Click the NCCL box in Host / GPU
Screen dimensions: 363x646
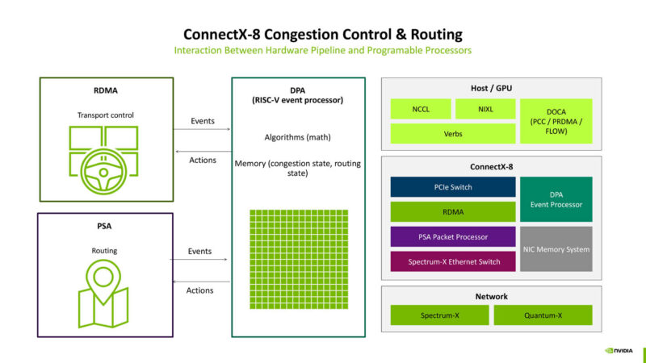420,109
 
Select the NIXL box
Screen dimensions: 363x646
484,109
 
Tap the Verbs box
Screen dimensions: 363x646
453,133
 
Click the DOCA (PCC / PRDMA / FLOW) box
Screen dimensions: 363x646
556,121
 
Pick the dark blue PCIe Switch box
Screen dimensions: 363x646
453,187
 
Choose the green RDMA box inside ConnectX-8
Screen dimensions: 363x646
453,212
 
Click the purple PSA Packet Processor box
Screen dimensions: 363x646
453,236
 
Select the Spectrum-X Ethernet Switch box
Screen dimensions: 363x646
453,261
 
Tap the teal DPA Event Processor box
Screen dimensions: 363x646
556,199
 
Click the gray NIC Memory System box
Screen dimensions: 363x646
556,249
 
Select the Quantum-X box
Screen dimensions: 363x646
543,315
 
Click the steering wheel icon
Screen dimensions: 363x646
103,160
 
